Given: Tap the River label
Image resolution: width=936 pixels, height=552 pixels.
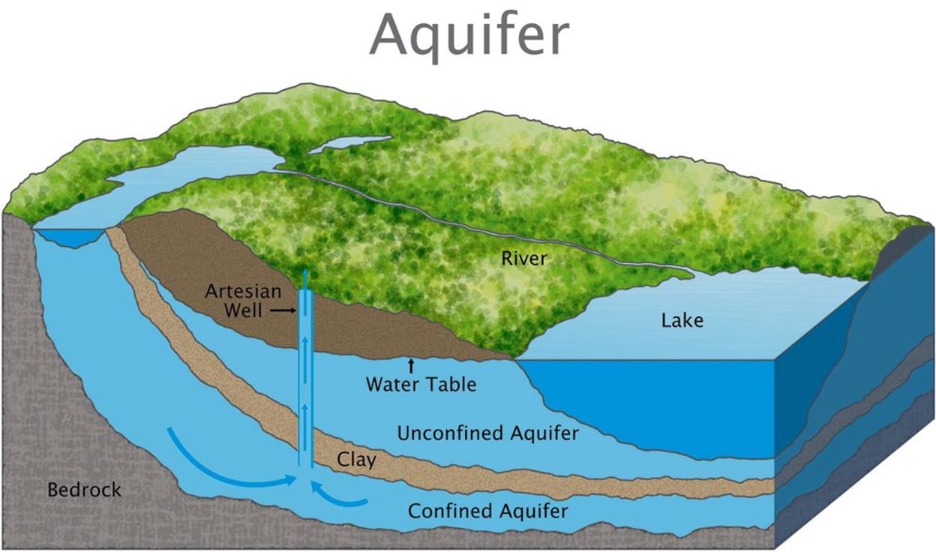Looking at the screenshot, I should [524, 259].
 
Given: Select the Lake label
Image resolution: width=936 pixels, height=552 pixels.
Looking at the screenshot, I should [682, 321].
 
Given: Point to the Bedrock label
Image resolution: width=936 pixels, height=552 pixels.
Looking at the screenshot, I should [84, 490].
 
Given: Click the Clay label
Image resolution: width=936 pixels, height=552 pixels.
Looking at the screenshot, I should [355, 459].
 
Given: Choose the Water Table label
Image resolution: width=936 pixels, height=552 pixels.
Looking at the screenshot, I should [421, 385].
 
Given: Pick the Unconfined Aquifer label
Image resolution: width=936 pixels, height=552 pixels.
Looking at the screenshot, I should [487, 433].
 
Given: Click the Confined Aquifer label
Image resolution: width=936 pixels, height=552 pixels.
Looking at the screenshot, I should [487, 511].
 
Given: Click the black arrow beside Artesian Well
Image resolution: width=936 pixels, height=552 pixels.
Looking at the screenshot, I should [283, 309].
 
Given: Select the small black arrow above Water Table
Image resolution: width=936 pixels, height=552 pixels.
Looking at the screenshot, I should [410, 366].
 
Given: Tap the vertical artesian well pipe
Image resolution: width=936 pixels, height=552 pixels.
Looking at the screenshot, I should [306, 375].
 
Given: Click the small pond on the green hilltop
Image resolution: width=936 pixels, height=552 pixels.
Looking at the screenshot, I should [349, 144].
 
